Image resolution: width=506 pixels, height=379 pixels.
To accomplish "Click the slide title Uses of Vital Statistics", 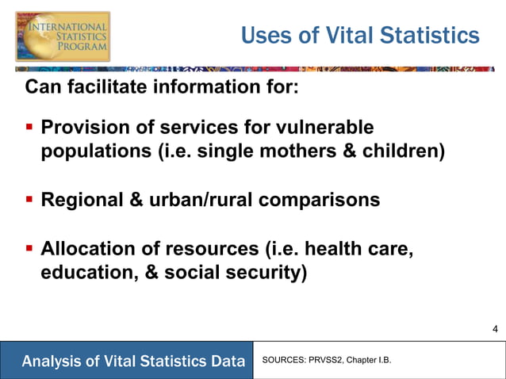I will point(360,36).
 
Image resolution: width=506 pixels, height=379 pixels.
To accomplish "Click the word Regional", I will point(82,200).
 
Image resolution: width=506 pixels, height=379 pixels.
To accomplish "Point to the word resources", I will point(213,249).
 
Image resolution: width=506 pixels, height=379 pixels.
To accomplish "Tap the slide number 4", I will point(495,329).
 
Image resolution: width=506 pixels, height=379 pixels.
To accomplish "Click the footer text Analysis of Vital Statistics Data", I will point(133,362).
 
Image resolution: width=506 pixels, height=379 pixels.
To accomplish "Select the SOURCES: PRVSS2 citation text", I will point(326,362).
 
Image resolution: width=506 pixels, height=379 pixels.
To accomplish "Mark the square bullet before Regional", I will point(29,200).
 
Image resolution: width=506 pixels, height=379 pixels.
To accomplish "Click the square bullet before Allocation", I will point(29,249).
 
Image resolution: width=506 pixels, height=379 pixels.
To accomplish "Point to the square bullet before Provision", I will point(29,127).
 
